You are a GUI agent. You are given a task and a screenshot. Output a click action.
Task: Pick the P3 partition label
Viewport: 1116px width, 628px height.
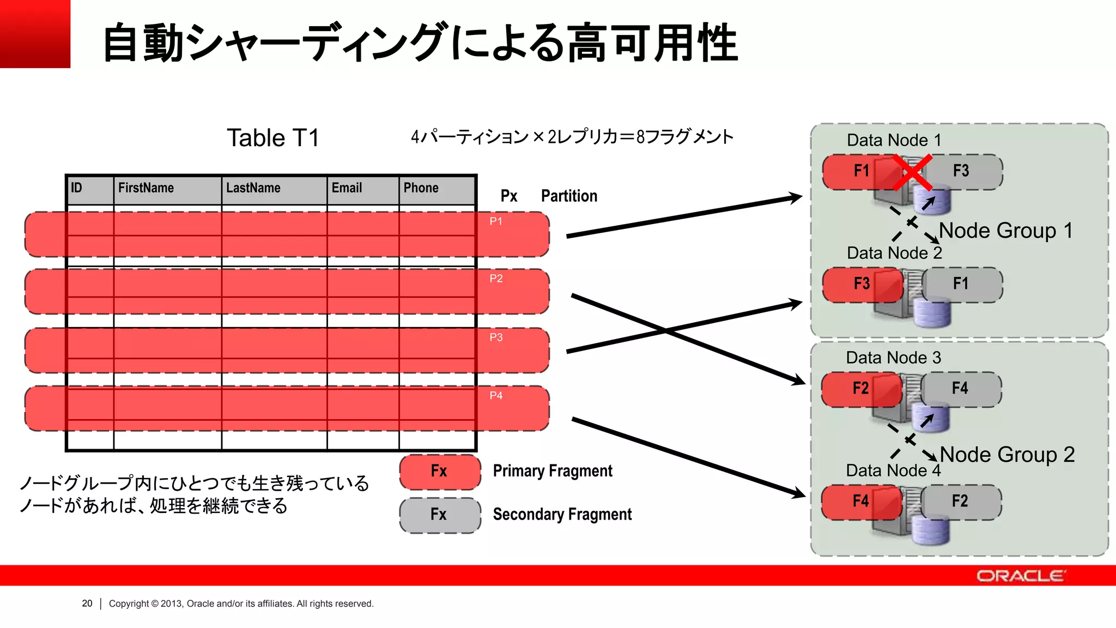(x=496, y=337)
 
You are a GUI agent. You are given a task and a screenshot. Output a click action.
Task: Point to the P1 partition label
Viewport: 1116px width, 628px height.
(x=496, y=221)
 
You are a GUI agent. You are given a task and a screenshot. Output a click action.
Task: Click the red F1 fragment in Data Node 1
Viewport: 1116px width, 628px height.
(x=861, y=171)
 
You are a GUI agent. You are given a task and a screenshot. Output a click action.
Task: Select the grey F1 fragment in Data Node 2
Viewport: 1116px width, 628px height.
(x=961, y=284)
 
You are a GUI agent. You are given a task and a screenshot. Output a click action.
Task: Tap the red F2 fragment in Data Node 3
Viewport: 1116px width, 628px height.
(x=860, y=389)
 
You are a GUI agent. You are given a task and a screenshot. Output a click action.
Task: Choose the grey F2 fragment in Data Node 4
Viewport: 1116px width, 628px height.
(x=960, y=502)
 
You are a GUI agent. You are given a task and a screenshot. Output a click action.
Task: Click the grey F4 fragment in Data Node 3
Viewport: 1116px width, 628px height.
(x=960, y=389)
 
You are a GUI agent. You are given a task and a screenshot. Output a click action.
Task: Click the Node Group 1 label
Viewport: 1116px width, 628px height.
(x=1006, y=231)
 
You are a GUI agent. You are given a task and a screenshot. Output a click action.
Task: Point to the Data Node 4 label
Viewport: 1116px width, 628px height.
(x=893, y=470)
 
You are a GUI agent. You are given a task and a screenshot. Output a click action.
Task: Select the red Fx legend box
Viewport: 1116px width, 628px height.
(x=440, y=472)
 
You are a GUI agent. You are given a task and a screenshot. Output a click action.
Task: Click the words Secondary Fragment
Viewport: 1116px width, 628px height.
(x=562, y=515)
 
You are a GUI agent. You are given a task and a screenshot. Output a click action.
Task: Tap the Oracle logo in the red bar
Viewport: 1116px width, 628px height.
(x=1020, y=576)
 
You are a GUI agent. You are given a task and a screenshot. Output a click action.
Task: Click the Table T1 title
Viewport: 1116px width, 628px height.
(x=273, y=138)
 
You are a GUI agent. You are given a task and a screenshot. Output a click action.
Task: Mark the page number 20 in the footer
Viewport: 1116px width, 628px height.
(x=87, y=603)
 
